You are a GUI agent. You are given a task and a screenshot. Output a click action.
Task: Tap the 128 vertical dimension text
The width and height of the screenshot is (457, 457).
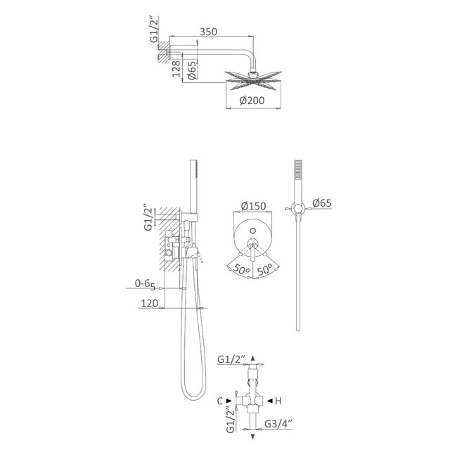coord(177,69)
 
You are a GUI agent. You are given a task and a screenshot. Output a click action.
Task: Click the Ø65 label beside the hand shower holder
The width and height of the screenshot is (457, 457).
coord(323,204)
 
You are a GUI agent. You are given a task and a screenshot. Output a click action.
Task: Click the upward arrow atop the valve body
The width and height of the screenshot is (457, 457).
coord(253,358)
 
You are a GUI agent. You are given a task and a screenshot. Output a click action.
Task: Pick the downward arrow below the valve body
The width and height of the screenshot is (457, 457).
coord(253,437)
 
